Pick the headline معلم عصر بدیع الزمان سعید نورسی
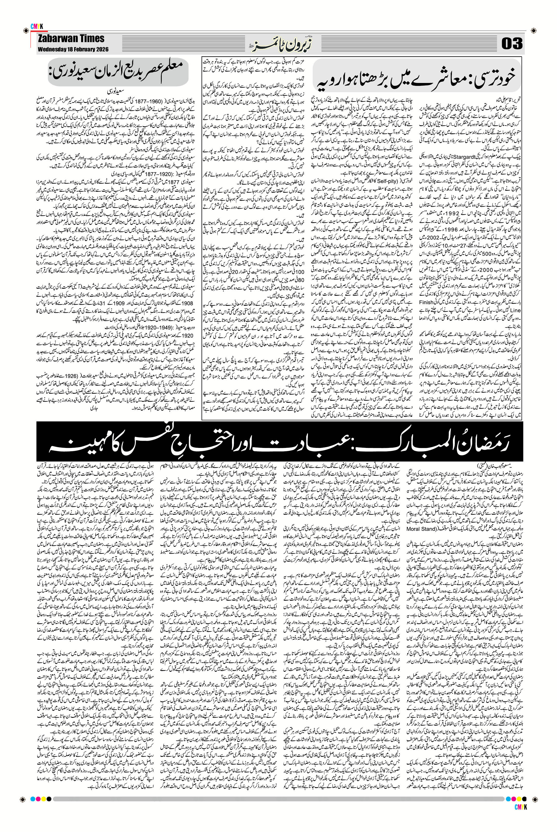[x=125, y=72]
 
